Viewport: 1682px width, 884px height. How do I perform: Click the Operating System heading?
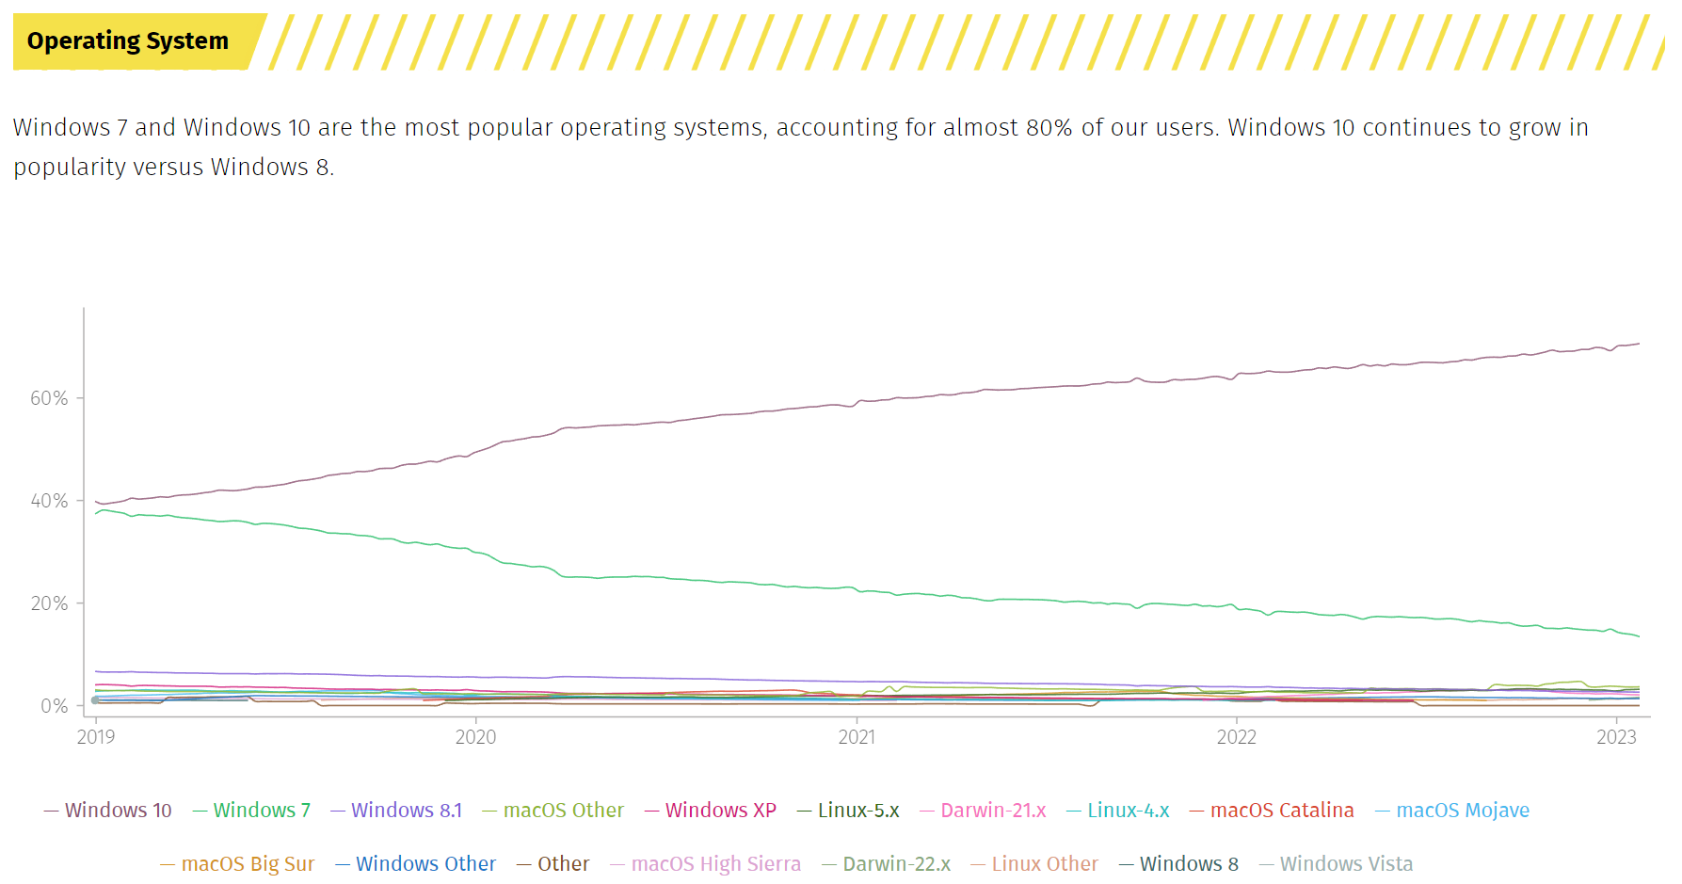click(x=128, y=41)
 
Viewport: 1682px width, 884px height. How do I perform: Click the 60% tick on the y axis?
click(x=49, y=398)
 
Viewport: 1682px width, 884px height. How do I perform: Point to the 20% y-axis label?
click(x=49, y=603)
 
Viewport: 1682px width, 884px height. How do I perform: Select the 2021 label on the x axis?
click(x=857, y=737)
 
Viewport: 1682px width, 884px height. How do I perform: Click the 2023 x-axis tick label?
click(x=1616, y=737)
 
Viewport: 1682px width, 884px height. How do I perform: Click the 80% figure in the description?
click(x=1049, y=127)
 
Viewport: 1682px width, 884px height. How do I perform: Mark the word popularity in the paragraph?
click(x=60, y=167)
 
